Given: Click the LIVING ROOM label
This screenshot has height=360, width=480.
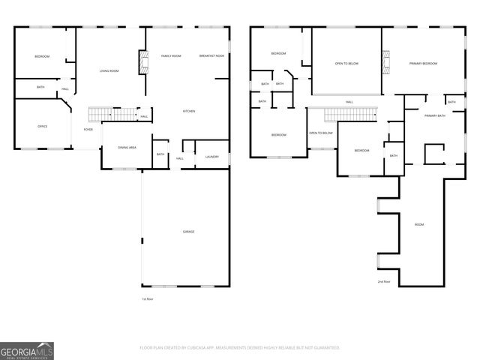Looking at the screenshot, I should tap(109, 71).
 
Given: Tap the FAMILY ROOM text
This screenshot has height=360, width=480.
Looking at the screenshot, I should tap(171, 56).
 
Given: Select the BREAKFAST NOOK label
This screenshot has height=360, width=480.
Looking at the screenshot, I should tap(211, 56).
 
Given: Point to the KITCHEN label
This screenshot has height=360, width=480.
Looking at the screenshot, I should tap(190, 111).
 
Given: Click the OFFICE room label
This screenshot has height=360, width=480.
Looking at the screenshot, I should tap(43, 126).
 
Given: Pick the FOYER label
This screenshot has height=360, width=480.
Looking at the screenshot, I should tap(88, 129).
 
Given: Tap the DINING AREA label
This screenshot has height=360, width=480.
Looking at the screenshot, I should tap(127, 148).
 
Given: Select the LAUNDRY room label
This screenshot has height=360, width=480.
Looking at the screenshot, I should tap(211, 157).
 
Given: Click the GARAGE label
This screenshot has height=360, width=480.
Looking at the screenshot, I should tap(188, 232).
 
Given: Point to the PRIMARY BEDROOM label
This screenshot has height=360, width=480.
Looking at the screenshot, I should tap(423, 64).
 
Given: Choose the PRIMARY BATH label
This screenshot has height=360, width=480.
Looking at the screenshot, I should tap(435, 115).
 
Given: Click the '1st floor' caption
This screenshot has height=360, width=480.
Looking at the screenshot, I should tap(148, 299).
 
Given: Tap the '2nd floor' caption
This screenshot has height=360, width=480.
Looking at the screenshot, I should tap(384, 281).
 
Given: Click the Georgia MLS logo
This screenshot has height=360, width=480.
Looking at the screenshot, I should tap(27, 350).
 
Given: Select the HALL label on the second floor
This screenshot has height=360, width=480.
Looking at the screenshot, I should tap(349, 102).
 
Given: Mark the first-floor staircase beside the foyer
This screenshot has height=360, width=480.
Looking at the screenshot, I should tap(111, 114).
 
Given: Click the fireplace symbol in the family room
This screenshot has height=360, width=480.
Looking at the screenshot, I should tap(139, 63).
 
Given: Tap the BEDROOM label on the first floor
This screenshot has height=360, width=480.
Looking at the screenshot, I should tap(42, 56).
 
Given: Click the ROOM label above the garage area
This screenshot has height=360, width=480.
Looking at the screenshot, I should tap(419, 224).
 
